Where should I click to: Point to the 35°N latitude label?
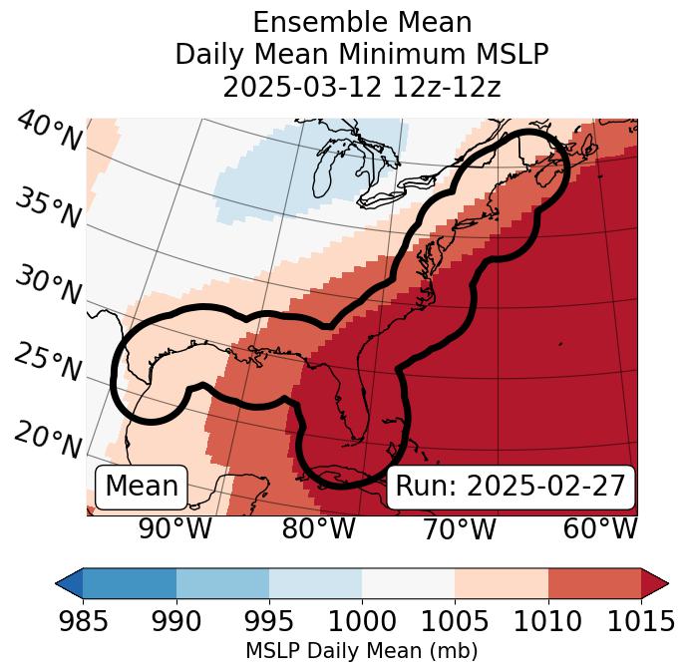[47, 207]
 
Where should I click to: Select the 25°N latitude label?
[47, 363]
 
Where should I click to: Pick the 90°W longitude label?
[174, 528]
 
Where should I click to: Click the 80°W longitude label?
[318, 528]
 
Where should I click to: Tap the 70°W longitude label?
[459, 528]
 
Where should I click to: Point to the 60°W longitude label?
[600, 528]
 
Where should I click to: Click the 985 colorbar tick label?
[83, 621]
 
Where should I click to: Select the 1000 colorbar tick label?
[362, 621]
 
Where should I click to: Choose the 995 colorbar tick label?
[269, 621]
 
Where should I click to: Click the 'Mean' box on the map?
[142, 487]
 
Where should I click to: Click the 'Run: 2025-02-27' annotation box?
[511, 487]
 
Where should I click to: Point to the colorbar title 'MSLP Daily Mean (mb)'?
[362, 651]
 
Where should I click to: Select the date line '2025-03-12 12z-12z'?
[362, 87]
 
